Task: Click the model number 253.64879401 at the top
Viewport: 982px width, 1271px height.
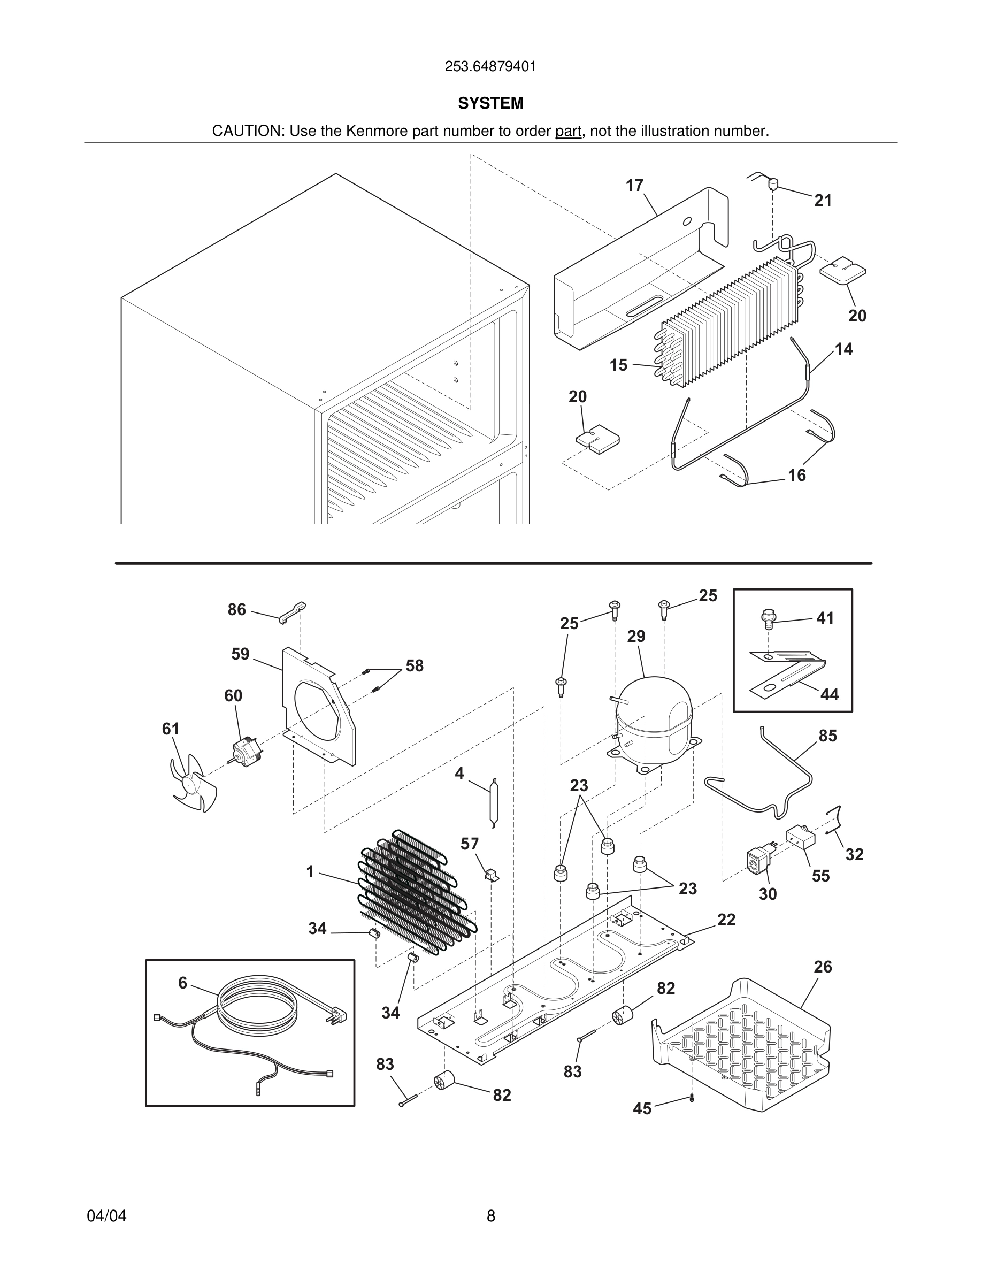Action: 490,67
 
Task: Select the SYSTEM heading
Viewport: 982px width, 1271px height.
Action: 490,103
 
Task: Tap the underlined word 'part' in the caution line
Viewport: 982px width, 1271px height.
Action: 568,132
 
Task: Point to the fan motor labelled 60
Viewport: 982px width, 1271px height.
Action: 245,750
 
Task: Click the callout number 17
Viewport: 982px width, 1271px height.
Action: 634,186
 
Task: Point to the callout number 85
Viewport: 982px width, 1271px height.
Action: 827,736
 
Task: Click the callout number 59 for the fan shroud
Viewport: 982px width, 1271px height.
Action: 240,654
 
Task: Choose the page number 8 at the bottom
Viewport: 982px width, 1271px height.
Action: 490,1216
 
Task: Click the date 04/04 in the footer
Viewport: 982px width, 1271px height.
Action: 106,1216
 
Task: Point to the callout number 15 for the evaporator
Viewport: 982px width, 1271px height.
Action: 618,365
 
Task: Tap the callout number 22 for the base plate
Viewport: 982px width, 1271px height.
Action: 726,920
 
